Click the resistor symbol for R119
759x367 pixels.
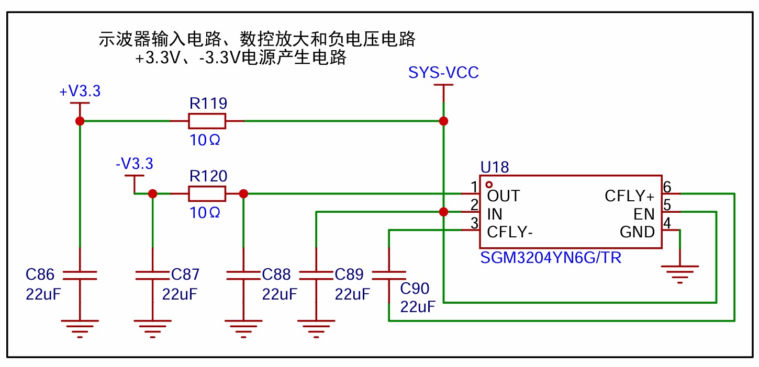pyautogui.click(x=207, y=121)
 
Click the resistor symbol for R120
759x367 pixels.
pyautogui.click(x=207, y=194)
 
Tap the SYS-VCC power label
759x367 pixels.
pyautogui.click(x=443, y=73)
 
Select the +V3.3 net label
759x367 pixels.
pyautogui.click(x=80, y=91)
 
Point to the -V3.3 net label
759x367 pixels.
pyautogui.click(x=134, y=164)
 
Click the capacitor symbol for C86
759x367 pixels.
pyautogui.click(x=80, y=276)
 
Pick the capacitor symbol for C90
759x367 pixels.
pyautogui.click(x=388, y=276)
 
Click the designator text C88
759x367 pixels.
pyautogui.click(x=276, y=274)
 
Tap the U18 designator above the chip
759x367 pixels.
pyautogui.click(x=494, y=167)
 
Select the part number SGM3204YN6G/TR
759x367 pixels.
pyautogui.click(x=550, y=258)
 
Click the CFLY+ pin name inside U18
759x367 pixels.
pyautogui.click(x=629, y=197)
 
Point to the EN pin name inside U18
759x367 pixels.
pyautogui.click(x=644, y=214)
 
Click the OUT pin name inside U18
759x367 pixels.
pyautogui.click(x=503, y=197)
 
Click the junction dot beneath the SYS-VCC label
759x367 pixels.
pyautogui.click(x=443, y=121)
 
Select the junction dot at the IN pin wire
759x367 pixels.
pyautogui.click(x=443, y=212)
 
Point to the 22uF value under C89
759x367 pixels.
pyautogui.click(x=352, y=294)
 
